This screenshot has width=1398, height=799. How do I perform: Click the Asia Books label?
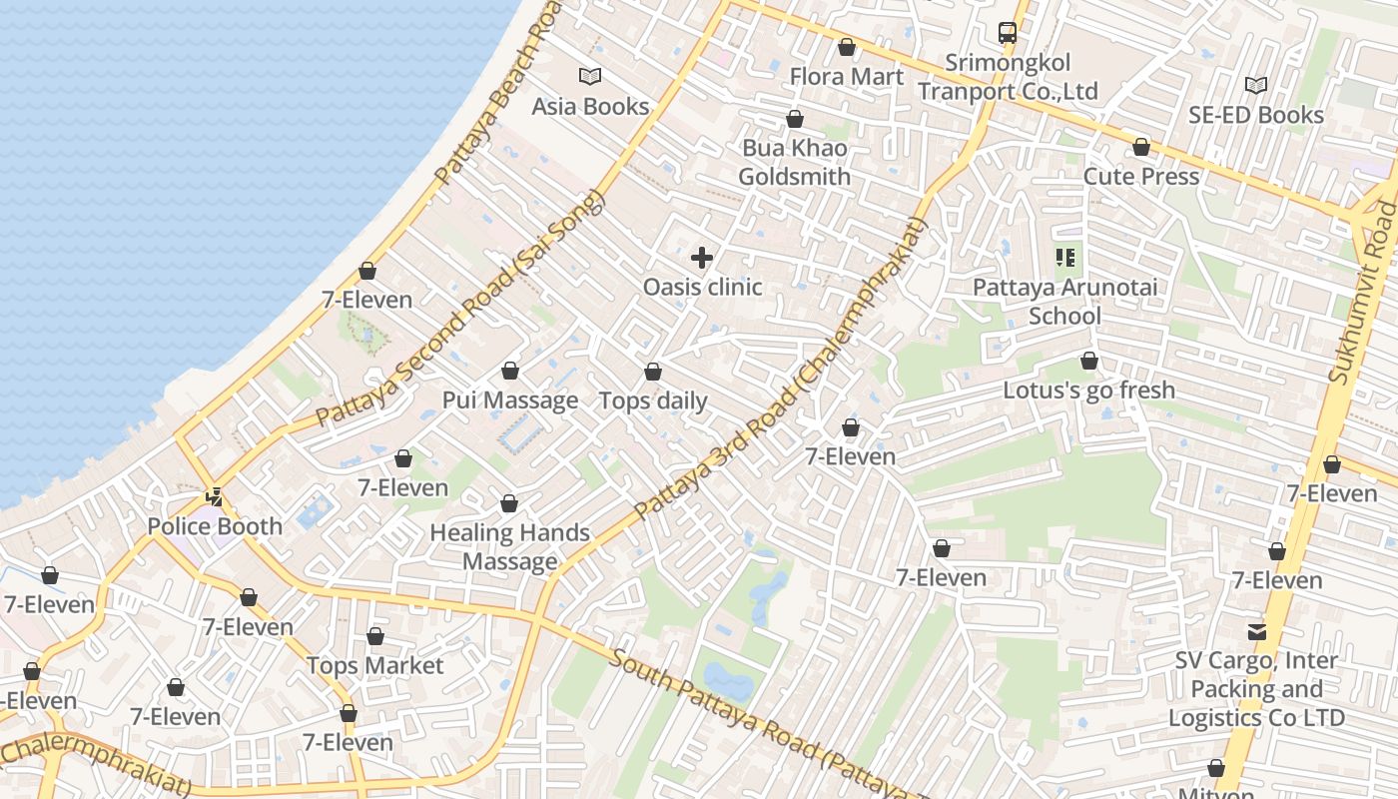pos(590,106)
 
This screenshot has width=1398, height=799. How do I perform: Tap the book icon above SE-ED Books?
pos(1256,86)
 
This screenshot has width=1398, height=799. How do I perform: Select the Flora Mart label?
pos(846,77)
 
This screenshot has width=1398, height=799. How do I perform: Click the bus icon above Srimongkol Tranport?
pos(1008,33)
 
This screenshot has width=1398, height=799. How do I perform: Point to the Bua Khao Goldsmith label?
pos(794,163)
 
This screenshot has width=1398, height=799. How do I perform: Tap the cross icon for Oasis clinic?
pos(702,258)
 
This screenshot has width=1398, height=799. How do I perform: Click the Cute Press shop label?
pos(1141,177)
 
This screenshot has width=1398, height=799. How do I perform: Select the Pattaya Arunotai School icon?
pos(1065,259)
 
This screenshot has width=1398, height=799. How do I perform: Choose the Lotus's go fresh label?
pos(1088,390)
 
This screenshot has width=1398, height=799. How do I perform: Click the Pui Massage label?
pos(510,400)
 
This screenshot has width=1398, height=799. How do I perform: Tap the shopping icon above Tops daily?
pos(653,373)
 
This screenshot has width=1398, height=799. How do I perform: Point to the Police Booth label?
pos(215,526)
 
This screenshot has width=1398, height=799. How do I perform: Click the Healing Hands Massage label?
pos(509,547)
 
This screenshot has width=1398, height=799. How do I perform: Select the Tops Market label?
pos(374,665)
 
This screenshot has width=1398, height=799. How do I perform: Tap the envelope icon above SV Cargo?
pos(1256,632)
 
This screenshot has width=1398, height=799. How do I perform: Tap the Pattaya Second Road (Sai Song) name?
pos(460,311)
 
